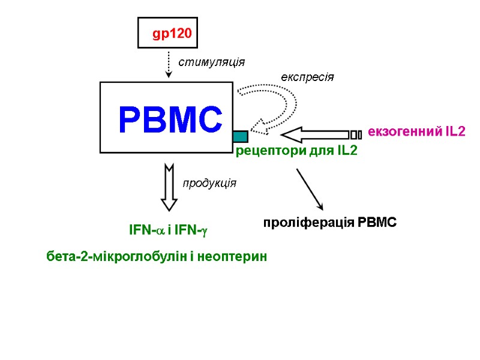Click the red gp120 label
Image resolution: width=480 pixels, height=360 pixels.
tap(172, 34)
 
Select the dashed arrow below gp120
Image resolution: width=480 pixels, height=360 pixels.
tap(169, 65)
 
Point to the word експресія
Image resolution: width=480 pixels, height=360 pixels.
tap(308, 77)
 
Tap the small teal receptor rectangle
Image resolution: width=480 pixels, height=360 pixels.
tap(240, 136)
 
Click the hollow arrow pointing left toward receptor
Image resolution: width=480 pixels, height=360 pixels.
tap(315, 133)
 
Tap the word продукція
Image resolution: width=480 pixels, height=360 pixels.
tap(209, 183)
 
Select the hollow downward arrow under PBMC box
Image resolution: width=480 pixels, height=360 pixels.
tap(169, 187)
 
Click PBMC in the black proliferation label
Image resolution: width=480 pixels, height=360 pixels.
tap(377, 223)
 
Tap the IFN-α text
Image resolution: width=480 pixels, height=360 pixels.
tap(146, 230)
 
